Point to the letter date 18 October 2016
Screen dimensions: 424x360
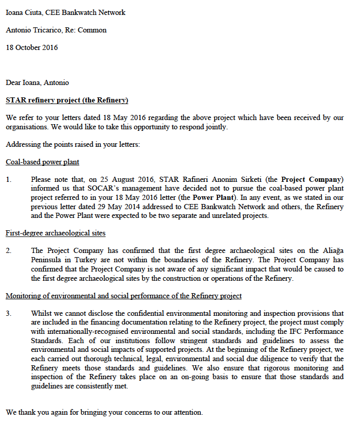[x=32, y=47]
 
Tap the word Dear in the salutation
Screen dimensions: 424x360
[x=13, y=82]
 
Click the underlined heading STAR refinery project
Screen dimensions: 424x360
[x=67, y=100]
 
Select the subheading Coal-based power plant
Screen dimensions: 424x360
[x=42, y=162]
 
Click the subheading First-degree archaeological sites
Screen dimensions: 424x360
[x=56, y=233]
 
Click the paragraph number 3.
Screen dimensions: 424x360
[x=9, y=313]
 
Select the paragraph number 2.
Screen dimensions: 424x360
[x=9, y=250]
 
